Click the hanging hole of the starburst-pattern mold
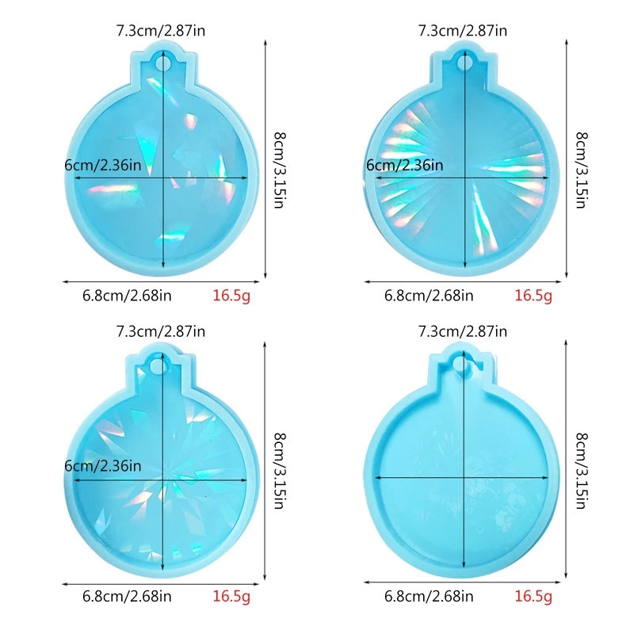163,365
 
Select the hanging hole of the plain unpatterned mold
464,364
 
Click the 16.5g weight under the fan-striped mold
533,296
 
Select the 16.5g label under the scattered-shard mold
231,296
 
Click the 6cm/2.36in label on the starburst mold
103,465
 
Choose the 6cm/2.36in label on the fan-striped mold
405,166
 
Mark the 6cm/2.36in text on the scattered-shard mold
103,166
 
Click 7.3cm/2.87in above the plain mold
463,331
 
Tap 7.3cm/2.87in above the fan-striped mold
463,31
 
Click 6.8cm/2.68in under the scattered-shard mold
127,296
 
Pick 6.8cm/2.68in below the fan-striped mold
429,296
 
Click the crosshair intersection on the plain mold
464,477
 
